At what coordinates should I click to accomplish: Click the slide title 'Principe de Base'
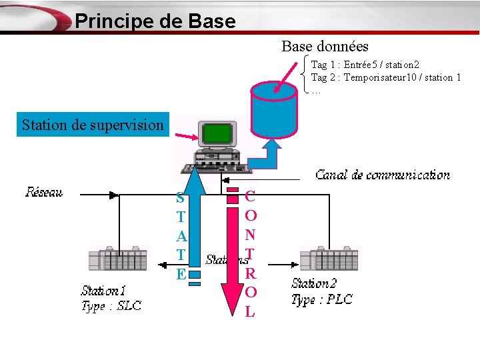[155, 21]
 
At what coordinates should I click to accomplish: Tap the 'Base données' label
[325, 46]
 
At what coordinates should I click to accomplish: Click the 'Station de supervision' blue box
[93, 125]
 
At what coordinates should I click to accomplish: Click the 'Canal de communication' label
[382, 175]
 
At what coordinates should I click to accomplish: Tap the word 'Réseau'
[44, 193]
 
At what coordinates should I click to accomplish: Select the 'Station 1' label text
[103, 291]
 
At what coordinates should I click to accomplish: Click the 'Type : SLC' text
[111, 307]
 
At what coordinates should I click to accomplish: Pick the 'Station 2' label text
[314, 284]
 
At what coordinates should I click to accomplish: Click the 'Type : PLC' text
[321, 299]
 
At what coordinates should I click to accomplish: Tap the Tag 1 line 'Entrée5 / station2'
[365, 65]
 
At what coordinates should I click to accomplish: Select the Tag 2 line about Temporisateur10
[386, 77]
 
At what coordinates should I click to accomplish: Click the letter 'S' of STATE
[180, 199]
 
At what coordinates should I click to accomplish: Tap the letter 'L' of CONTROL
[250, 311]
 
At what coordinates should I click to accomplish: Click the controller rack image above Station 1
[118, 259]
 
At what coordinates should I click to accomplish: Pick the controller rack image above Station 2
[329, 259]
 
